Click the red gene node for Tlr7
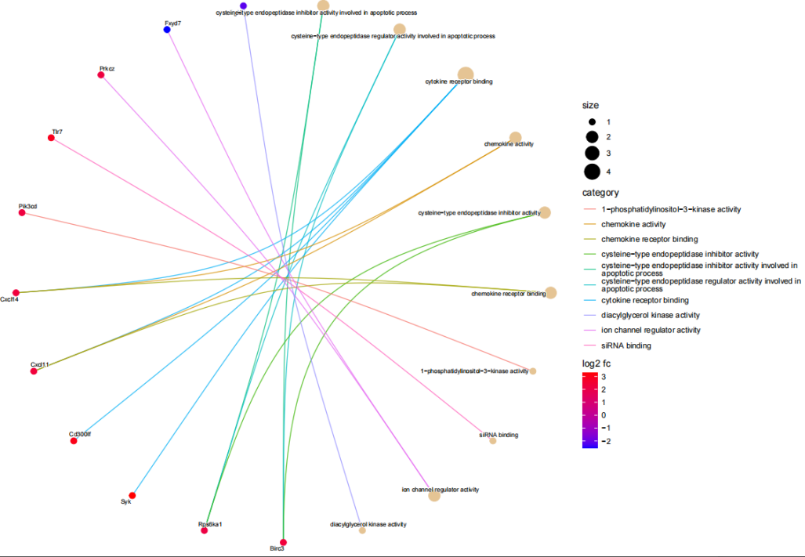pyautogui.click(x=52, y=138)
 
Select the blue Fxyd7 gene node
pyautogui.click(x=167, y=30)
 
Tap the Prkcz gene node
pyautogui.click(x=101, y=74)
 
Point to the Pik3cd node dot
pyautogui.click(x=22, y=213)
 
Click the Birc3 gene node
pyautogui.click(x=283, y=542)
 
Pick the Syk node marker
pyautogui.click(x=132, y=495)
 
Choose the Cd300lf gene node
pyautogui.click(x=74, y=441)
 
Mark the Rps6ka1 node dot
pyautogui.click(x=205, y=530)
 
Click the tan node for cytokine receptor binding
pyautogui.click(x=466, y=74)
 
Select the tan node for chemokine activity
pyautogui.click(x=515, y=138)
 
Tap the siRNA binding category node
pyautogui.click(x=493, y=441)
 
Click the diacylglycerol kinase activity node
pyautogui.click(x=362, y=530)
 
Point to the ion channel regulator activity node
pyautogui.click(x=434, y=495)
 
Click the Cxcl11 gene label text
pyautogui.click(x=40, y=364)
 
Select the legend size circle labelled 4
pyautogui.click(x=592, y=172)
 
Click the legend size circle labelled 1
pyautogui.click(x=592, y=122)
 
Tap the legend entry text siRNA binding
pyautogui.click(x=626, y=345)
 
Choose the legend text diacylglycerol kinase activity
pyautogui.click(x=651, y=315)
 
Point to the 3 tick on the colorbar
pyautogui.click(x=604, y=377)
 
